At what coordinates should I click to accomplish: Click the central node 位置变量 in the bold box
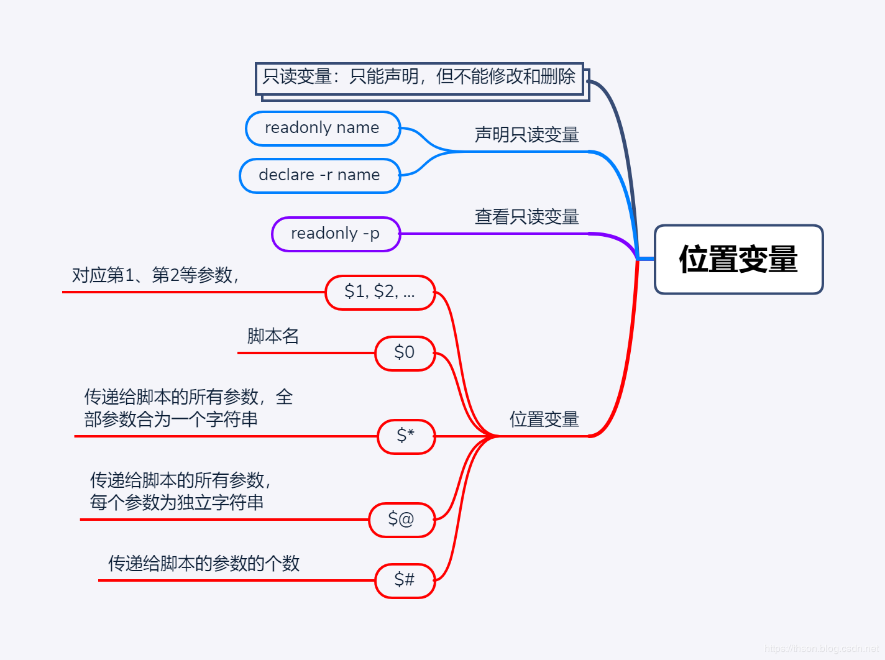point(738,259)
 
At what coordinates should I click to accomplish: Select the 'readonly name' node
point(323,129)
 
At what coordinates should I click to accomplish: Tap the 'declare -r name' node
point(319,176)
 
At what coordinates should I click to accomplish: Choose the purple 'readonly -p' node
point(336,234)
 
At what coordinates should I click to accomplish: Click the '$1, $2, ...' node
point(380,292)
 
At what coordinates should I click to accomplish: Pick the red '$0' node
point(405,353)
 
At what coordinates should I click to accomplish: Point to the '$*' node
point(406,436)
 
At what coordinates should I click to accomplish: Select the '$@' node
point(401,520)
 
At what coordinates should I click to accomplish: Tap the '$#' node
point(405,580)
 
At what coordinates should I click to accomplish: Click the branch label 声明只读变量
point(526,135)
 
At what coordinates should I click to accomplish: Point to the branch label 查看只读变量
point(526,217)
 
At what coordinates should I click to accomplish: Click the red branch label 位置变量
point(544,419)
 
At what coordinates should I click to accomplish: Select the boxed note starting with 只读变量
point(420,78)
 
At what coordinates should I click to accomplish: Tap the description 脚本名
point(273,336)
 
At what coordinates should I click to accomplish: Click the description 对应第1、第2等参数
point(155,275)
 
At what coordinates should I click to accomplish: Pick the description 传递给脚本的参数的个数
point(204,564)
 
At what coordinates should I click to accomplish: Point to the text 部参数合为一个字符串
point(171,419)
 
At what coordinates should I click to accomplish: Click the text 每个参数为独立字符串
point(177,503)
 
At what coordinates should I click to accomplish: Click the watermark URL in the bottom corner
point(821,649)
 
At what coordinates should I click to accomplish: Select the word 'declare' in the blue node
point(287,175)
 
